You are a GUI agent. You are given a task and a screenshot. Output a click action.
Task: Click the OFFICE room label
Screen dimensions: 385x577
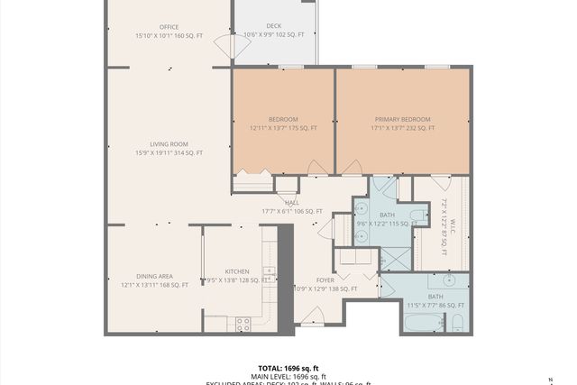(x=169, y=27)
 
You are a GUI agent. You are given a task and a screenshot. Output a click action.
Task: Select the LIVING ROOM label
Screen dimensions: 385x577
(x=169, y=143)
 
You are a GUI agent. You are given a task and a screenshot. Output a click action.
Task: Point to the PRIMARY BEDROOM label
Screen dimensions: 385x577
(x=402, y=119)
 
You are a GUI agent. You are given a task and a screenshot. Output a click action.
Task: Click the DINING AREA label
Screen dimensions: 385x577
(x=154, y=276)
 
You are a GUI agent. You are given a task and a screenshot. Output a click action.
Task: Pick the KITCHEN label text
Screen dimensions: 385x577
(x=236, y=271)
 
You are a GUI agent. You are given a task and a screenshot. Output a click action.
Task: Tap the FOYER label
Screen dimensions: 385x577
(x=325, y=280)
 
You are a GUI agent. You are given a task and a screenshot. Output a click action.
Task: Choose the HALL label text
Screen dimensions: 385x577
(x=291, y=203)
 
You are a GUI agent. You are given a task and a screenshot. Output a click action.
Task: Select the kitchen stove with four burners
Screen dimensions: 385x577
(x=243, y=324)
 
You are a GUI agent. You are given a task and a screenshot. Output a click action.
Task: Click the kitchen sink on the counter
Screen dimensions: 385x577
(x=269, y=271)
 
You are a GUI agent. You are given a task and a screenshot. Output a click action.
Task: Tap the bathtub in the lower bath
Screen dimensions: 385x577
(x=423, y=322)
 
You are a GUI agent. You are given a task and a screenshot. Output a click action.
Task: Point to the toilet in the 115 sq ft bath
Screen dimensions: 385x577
(x=418, y=215)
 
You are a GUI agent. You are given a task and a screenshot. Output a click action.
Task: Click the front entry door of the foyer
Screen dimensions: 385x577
(x=312, y=316)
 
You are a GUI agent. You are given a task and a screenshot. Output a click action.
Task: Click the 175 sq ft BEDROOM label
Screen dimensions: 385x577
(x=283, y=119)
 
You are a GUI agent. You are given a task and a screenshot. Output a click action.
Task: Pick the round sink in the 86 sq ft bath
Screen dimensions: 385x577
(x=448, y=281)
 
